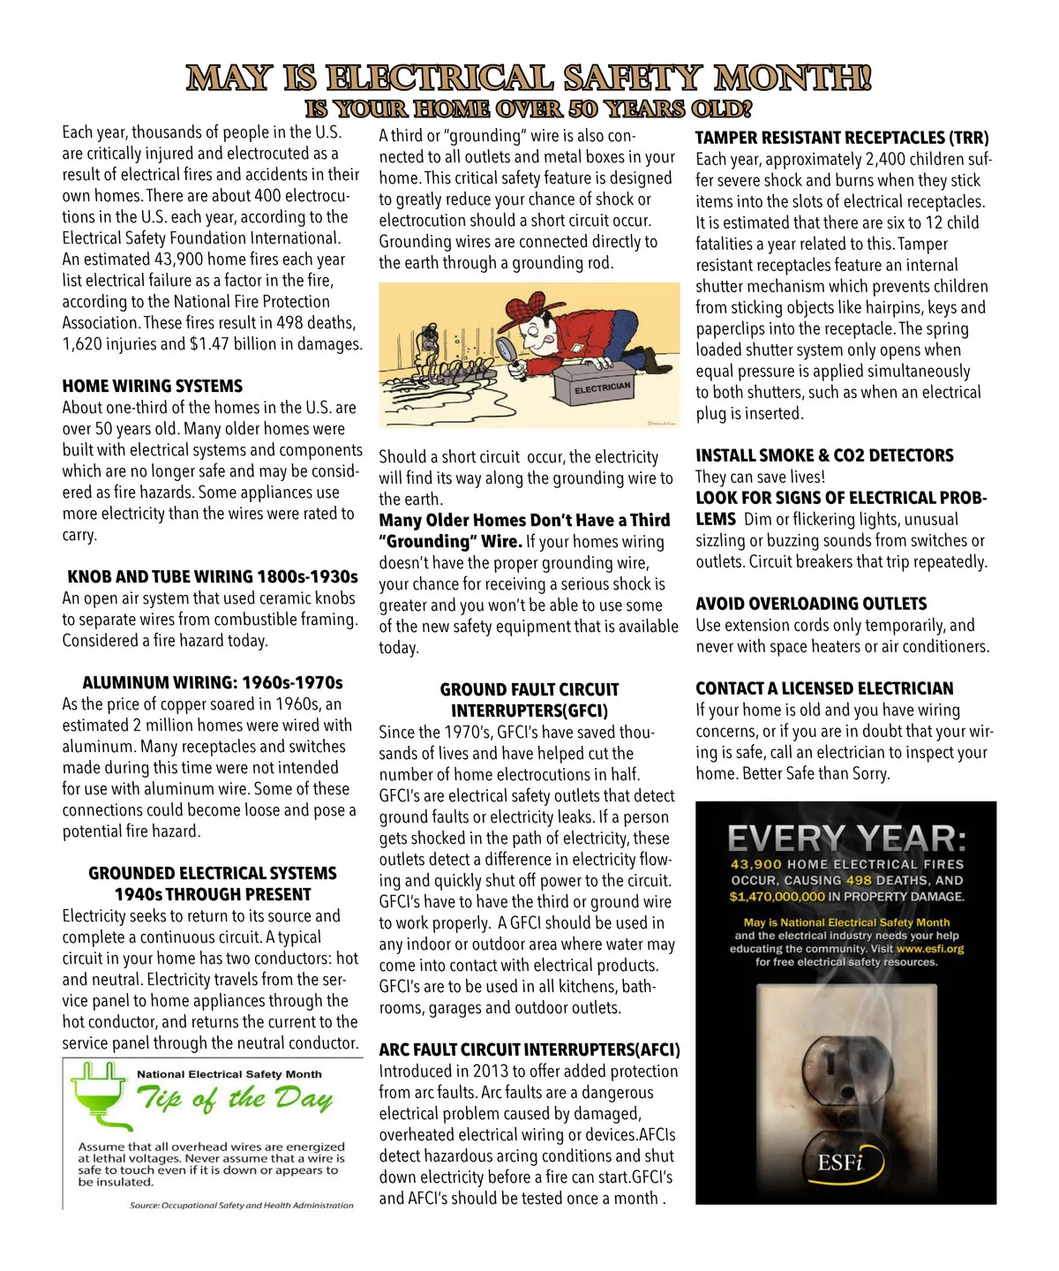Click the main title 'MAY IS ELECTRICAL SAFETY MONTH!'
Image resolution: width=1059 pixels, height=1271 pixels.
(x=529, y=79)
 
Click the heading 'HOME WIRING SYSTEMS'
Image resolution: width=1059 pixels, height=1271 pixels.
(x=153, y=387)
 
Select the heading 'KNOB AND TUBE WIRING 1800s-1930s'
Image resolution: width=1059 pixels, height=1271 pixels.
(x=213, y=577)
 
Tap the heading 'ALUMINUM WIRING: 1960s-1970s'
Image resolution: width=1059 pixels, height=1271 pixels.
(x=213, y=683)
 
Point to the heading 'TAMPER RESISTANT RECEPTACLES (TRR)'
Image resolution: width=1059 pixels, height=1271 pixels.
(x=842, y=138)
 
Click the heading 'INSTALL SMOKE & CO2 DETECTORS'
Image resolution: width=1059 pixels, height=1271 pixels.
(x=824, y=455)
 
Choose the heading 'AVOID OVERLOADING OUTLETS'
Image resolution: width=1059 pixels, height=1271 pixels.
(x=811, y=604)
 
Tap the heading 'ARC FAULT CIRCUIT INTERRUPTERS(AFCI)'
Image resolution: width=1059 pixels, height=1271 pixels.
(x=529, y=1050)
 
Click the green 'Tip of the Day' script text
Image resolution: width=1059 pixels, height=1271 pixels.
(x=235, y=1099)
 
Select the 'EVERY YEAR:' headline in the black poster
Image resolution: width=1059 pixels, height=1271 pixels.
(x=846, y=839)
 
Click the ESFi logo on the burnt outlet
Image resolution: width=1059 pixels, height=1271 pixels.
(x=839, y=1162)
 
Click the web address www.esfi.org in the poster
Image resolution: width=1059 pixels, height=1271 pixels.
(x=930, y=949)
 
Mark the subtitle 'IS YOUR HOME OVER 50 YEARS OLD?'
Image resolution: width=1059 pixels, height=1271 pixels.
(x=529, y=109)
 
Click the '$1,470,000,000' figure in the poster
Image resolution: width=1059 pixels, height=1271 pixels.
(x=777, y=897)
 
